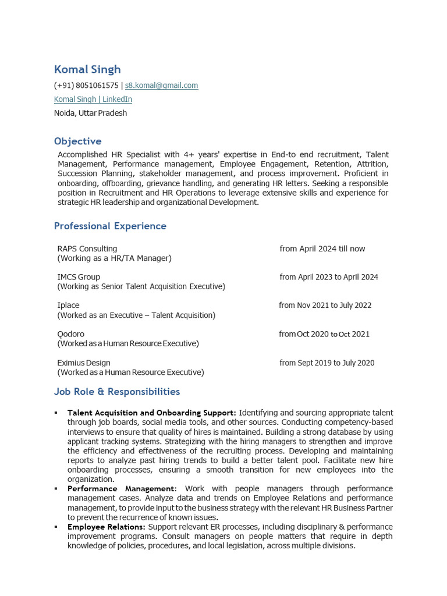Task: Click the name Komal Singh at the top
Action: [x=87, y=69]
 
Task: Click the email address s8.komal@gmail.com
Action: [x=161, y=86]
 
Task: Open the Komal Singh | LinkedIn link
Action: [x=93, y=100]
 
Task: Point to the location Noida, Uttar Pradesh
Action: [x=90, y=113]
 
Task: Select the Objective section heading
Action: [x=77, y=141]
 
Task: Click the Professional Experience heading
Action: [x=110, y=226]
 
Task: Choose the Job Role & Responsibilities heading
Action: [x=117, y=392]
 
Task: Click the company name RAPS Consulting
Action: [x=87, y=249]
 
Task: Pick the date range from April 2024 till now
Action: [x=322, y=249]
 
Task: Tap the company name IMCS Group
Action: [x=79, y=277]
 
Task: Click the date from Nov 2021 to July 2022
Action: [x=325, y=306]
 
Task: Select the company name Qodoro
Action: [x=71, y=334]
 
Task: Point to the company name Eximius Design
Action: [x=84, y=363]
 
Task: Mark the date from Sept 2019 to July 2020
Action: [x=327, y=363]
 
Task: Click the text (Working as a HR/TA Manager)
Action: [x=114, y=258]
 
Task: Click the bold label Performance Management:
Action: [x=122, y=488]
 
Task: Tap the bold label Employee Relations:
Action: [x=107, y=527]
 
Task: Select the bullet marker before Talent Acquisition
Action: [x=56, y=413]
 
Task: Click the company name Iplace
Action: [x=68, y=306]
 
